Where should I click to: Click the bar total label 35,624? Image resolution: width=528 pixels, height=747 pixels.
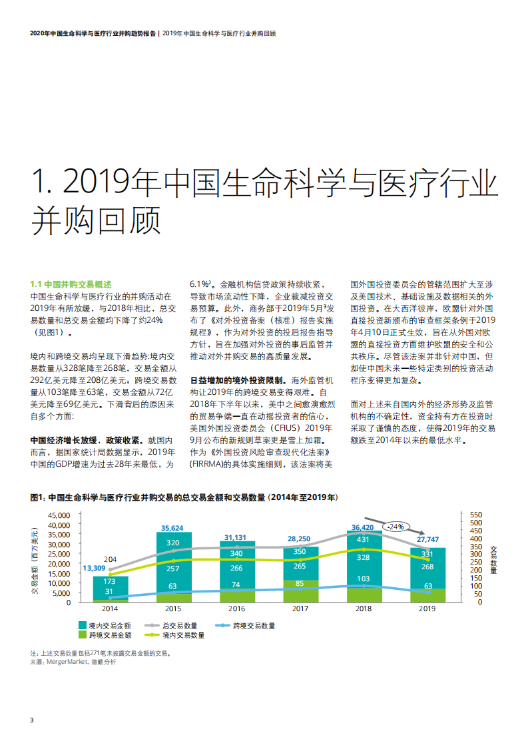pyautogui.click(x=172, y=528)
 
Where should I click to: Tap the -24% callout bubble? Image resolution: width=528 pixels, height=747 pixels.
pyautogui.click(x=397, y=527)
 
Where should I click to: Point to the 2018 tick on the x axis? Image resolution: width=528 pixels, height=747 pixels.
pyautogui.click(x=363, y=609)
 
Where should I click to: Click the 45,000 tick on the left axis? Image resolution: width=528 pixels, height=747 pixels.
pyautogui.click(x=59, y=515)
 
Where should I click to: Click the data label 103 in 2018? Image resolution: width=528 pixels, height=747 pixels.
pyautogui.click(x=364, y=579)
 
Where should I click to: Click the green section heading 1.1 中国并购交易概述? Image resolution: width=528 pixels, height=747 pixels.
pyautogui.click(x=71, y=283)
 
